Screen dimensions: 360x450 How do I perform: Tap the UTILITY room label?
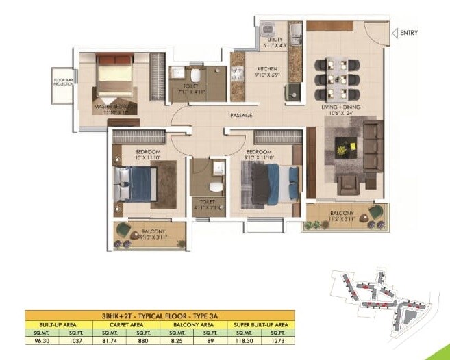[275, 40]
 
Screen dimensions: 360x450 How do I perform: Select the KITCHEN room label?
[266, 69]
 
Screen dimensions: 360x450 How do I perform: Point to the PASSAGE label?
[240, 115]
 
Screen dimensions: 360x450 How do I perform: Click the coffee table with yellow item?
[345, 146]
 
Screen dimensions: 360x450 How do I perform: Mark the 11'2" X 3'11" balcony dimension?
[347, 221]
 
